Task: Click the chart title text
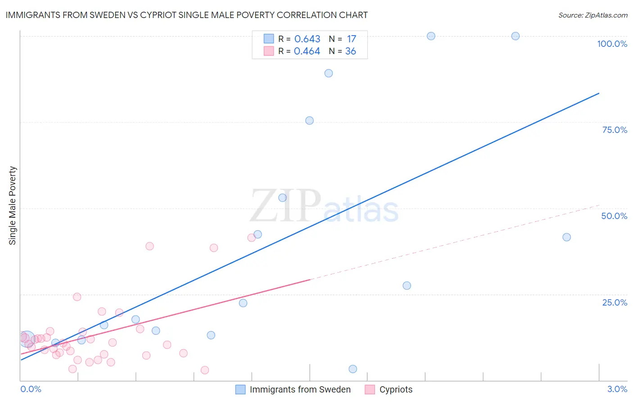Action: (186, 15)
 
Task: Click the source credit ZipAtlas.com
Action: (592, 15)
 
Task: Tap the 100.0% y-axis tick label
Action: (612, 44)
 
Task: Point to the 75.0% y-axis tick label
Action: (615, 130)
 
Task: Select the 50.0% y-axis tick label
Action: (614, 216)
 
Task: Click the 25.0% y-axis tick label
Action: (615, 302)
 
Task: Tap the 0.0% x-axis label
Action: (31, 389)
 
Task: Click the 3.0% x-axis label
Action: (617, 389)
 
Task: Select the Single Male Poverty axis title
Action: (13, 206)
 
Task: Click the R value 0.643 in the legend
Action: (307, 39)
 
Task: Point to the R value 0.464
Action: (307, 51)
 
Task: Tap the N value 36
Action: (350, 51)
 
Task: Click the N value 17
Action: (351, 39)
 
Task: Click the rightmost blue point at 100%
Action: (515, 36)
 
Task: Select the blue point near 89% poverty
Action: (329, 73)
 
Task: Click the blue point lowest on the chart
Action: (353, 369)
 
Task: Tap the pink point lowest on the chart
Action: (205, 370)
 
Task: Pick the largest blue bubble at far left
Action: (27, 338)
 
